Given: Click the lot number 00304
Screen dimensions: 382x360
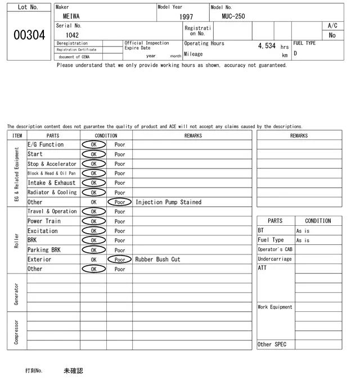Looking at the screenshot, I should [x=29, y=35].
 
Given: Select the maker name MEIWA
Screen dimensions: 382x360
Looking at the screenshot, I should [x=71, y=16].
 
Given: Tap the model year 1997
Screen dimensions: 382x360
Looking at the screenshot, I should [x=186, y=17].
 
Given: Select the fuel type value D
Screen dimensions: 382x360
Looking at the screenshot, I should [x=295, y=54].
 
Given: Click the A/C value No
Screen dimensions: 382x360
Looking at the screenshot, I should [x=332, y=35].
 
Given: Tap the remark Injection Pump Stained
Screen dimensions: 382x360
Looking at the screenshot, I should [x=168, y=202].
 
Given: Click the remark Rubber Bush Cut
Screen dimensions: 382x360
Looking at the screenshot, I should [x=157, y=260].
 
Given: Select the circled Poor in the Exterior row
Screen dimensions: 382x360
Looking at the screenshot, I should [x=119, y=260].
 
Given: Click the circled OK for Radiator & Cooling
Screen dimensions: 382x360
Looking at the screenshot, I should [x=93, y=193].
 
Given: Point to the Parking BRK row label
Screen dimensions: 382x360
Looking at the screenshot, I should [x=44, y=250].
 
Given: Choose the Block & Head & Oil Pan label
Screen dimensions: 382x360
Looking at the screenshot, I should [x=52, y=174].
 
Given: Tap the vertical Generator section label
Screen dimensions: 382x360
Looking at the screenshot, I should [x=17, y=293].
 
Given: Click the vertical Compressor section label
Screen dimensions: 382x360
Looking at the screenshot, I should [x=17, y=332].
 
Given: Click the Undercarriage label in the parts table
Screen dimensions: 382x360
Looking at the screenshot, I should [x=274, y=259].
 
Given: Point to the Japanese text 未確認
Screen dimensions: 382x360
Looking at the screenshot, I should [x=73, y=371].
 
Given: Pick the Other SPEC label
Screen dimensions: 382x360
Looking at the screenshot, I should [x=272, y=344].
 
